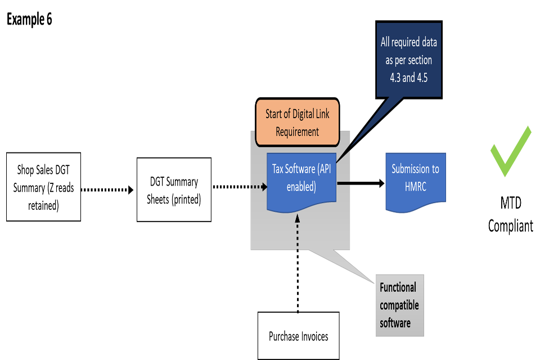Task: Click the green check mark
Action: (510, 152)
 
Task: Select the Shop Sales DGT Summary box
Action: (43, 187)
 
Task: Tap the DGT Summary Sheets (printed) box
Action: (174, 190)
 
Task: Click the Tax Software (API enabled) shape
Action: (301, 179)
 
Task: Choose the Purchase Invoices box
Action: (298, 336)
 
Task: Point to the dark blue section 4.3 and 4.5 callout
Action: (409, 60)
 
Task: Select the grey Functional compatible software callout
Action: (399, 305)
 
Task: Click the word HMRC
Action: (416, 187)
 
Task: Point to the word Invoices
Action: (313, 336)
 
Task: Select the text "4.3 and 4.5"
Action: (409, 78)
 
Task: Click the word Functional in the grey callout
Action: (398, 287)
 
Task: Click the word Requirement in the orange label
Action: (298, 132)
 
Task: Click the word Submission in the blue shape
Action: (416, 169)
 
